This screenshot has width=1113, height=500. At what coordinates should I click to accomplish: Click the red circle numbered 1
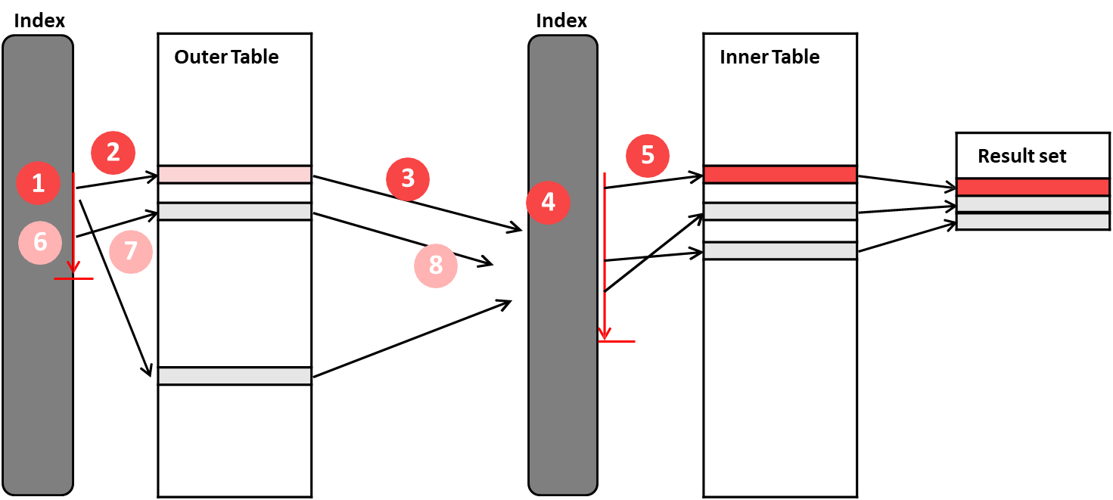click(39, 183)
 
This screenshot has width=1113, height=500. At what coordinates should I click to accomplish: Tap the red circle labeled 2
click(113, 153)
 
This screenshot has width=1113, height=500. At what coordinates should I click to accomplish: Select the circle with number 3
click(408, 179)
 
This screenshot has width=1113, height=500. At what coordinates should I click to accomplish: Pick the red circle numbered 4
click(548, 203)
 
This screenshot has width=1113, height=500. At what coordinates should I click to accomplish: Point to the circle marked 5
click(648, 156)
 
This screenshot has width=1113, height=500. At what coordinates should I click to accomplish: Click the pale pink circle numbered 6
click(40, 242)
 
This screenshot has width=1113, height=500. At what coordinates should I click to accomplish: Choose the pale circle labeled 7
click(131, 251)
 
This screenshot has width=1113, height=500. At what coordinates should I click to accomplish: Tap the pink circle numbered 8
click(436, 266)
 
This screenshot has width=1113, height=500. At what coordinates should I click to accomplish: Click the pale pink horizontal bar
click(235, 175)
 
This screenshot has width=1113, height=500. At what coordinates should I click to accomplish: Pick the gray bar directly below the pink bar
click(235, 211)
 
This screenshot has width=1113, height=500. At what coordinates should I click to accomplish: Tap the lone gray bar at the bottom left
click(235, 376)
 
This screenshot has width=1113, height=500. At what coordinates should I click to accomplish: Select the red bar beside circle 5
click(780, 175)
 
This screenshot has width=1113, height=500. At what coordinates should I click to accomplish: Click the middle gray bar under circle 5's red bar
click(780, 211)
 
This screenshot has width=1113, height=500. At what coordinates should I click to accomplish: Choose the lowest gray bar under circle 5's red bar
click(780, 250)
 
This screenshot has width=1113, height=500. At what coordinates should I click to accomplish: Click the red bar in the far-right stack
click(1033, 187)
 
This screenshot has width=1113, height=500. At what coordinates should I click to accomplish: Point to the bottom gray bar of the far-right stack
click(1033, 222)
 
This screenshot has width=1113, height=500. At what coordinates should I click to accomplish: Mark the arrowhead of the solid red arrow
click(73, 268)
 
